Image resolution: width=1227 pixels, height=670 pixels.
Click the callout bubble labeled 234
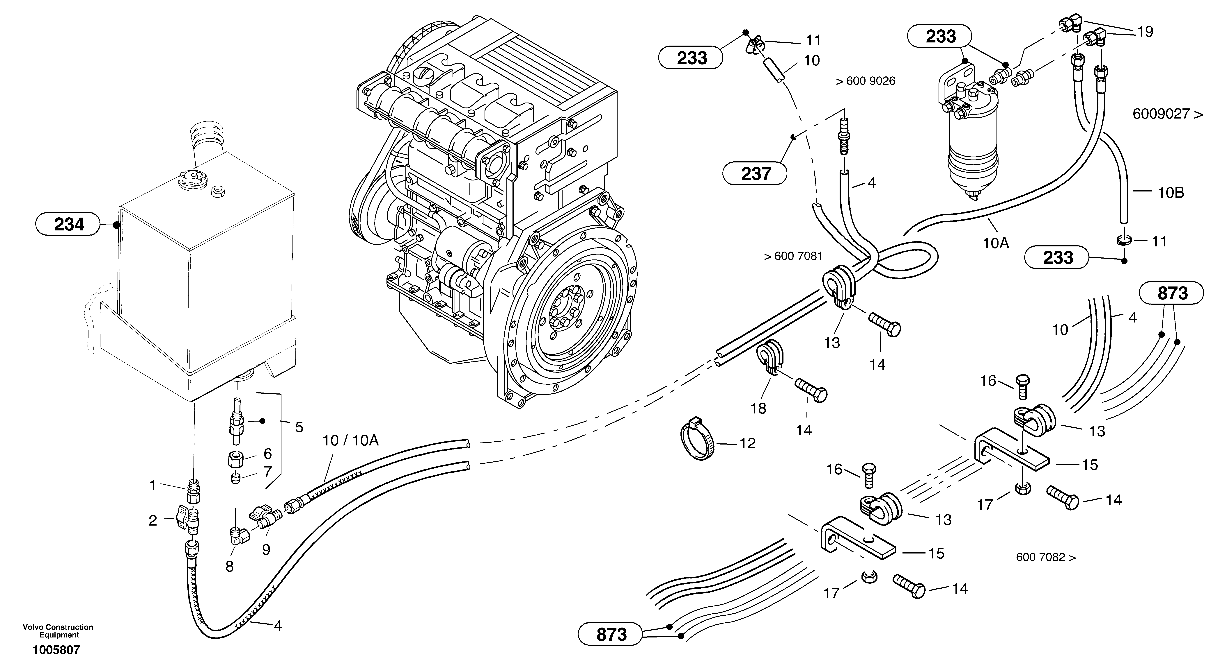(x=69, y=224)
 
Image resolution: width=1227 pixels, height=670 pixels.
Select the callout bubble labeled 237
(x=755, y=174)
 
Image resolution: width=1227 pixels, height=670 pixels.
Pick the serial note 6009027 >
(x=1167, y=114)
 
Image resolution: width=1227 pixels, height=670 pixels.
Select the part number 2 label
(x=153, y=521)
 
